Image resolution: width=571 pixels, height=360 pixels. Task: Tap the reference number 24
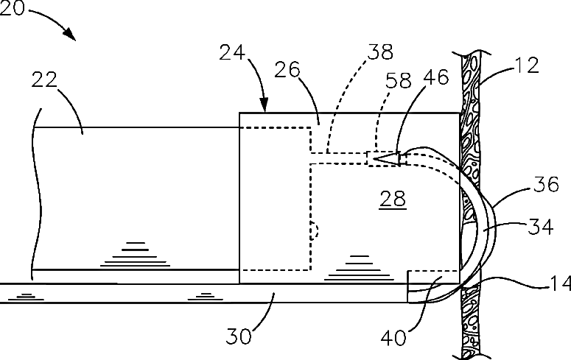(233, 53)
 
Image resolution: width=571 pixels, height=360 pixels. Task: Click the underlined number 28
(392, 199)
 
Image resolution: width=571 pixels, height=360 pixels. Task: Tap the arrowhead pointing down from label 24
(265, 109)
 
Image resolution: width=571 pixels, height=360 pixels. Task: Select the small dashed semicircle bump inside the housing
(315, 230)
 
